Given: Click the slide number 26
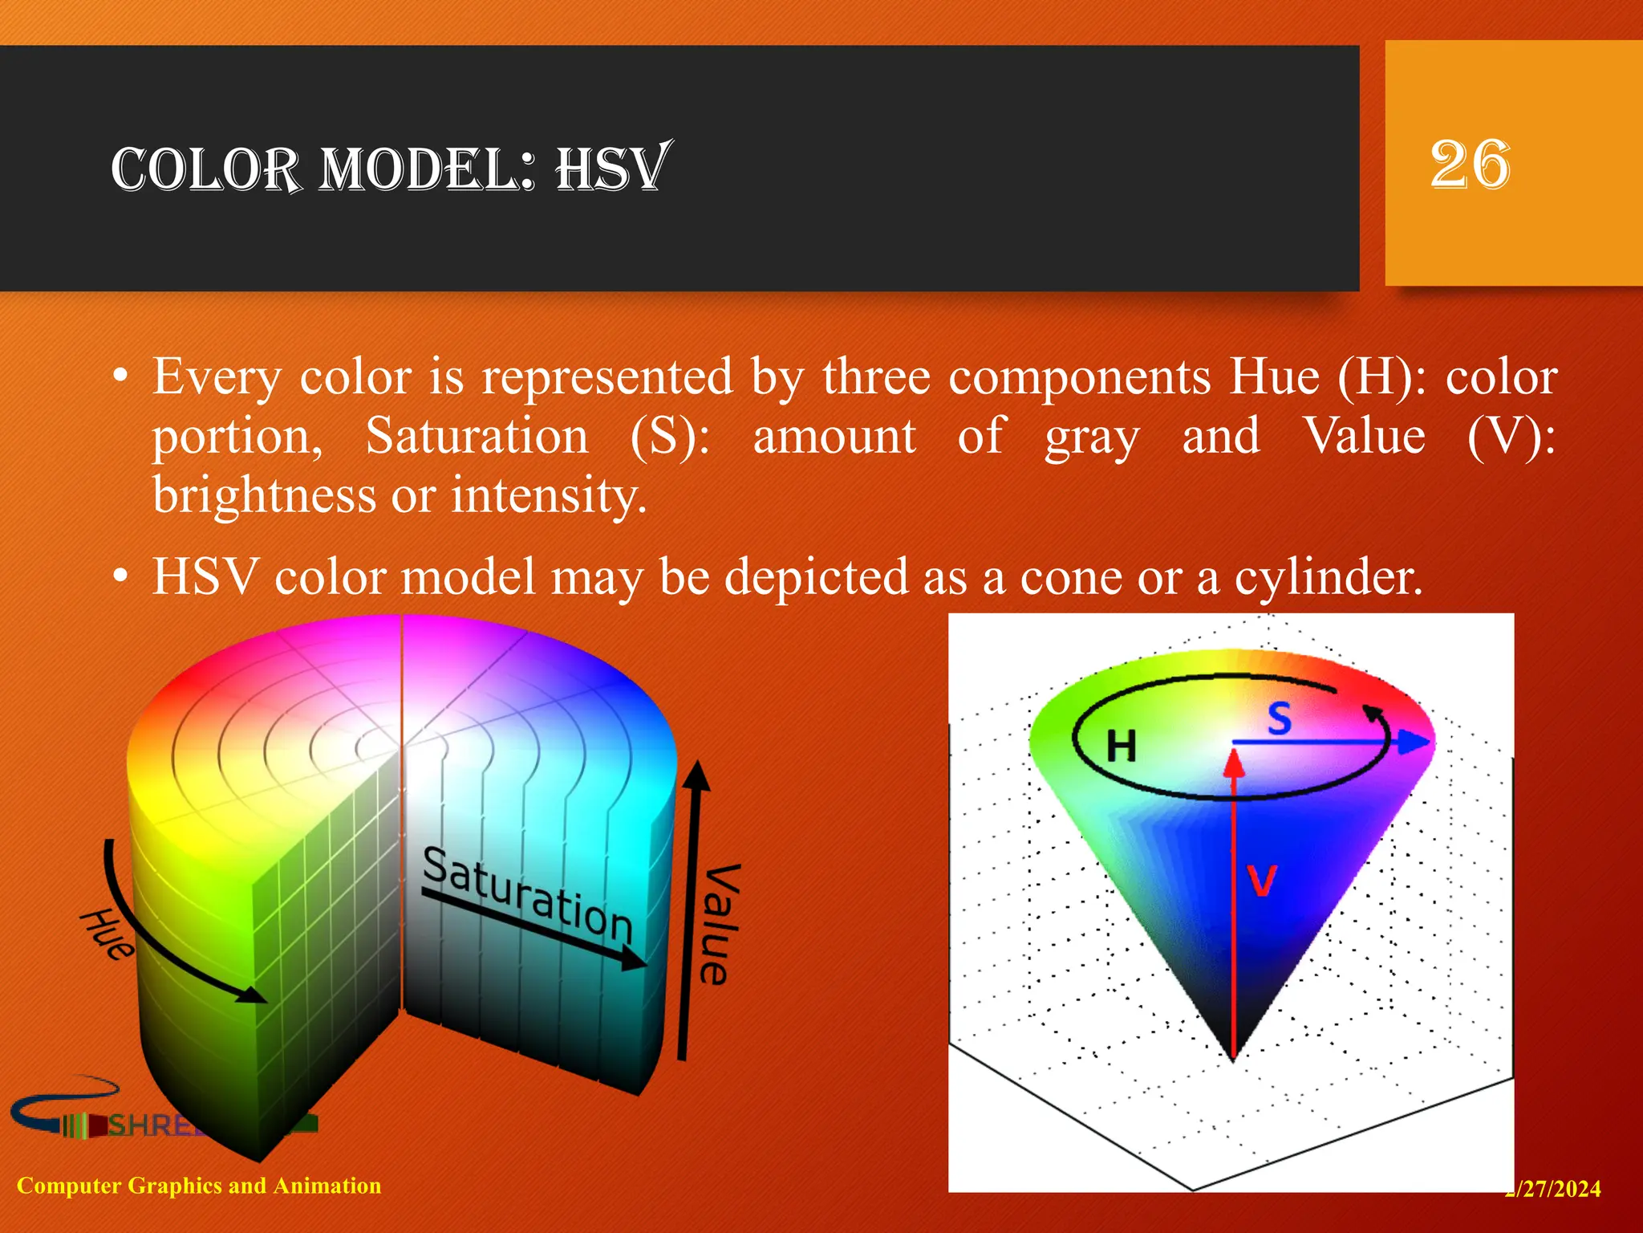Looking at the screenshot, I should tap(1470, 165).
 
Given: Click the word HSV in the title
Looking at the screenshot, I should tap(611, 169).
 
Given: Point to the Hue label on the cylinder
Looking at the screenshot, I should tap(107, 934).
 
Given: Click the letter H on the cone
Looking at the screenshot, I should tap(1121, 747).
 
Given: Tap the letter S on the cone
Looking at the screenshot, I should tap(1280, 718).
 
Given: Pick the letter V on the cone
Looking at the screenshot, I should tap(1261, 881).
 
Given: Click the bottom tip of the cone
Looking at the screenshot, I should tap(1233, 1058).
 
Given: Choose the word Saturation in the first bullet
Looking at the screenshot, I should tap(477, 437).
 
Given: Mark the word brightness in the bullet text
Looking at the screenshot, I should tap(264, 494).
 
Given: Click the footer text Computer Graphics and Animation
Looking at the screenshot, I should tap(199, 1186).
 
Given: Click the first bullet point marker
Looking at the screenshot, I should tap(120, 376).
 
